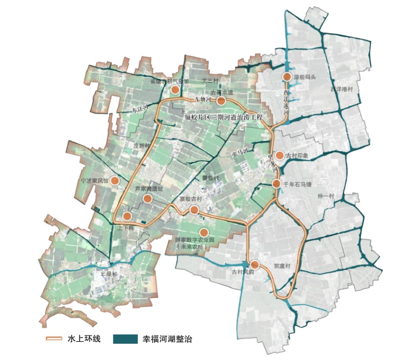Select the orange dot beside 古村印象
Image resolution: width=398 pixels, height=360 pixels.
pos(279,155)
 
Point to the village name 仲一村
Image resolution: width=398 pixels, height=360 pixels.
pos(326,196)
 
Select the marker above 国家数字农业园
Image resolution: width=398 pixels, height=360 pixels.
pos(204,232)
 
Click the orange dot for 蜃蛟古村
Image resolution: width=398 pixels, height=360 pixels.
pos(194,210)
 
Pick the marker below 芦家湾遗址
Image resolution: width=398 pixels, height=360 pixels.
pos(147,199)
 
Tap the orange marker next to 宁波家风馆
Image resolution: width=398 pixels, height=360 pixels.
pos(115,180)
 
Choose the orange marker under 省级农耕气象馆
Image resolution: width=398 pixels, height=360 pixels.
pos(175,90)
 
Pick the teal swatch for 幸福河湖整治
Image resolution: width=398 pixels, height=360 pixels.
pos(125,339)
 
